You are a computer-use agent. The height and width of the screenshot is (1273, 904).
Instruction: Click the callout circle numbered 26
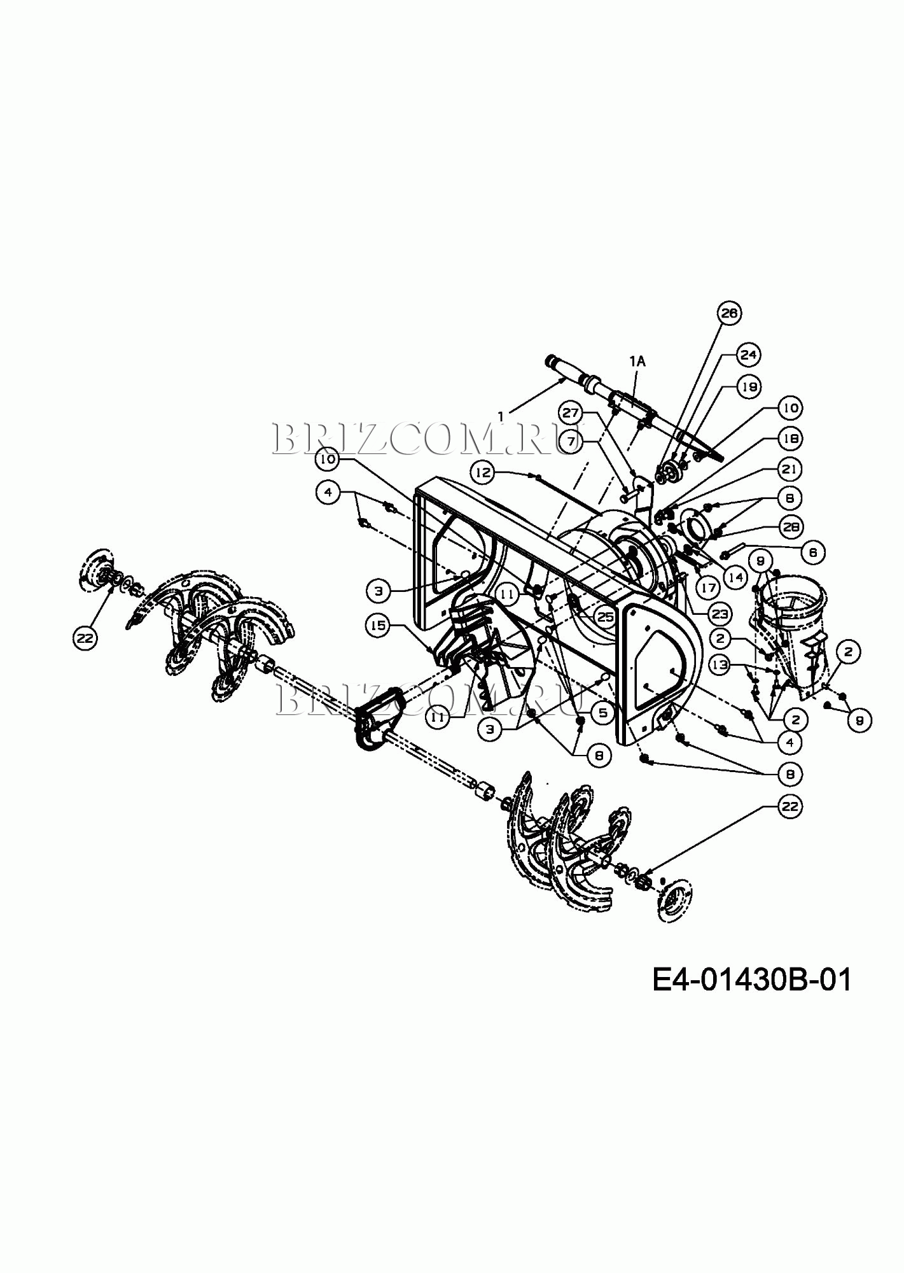point(730,313)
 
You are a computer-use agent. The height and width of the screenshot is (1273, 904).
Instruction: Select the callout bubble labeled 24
point(748,355)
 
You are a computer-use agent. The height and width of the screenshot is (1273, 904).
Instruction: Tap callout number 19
point(749,386)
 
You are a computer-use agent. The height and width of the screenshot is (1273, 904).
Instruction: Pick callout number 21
point(789,469)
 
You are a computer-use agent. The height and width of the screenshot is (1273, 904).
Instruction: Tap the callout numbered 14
point(736,577)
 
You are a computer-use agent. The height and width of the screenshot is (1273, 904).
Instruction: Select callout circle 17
point(709,588)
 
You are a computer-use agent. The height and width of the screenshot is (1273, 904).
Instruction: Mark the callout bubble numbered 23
point(720,614)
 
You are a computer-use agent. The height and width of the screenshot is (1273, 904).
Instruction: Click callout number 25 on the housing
point(606,617)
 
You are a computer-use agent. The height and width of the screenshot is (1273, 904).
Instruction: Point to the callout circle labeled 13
point(720,666)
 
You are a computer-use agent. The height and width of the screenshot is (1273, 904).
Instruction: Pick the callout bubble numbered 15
point(378,626)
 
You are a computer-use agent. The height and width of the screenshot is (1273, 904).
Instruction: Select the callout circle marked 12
point(483,472)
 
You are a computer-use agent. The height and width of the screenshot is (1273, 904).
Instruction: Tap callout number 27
point(571,413)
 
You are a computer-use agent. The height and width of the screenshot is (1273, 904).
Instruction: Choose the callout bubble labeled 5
point(601,712)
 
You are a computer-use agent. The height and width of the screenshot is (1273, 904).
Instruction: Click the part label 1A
point(637,361)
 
